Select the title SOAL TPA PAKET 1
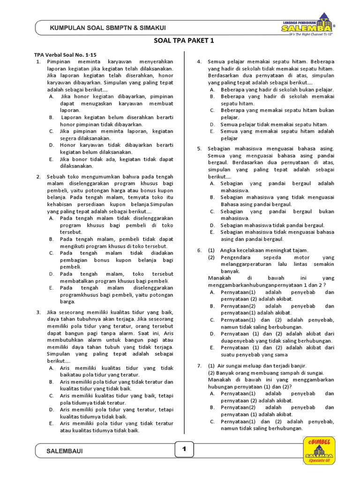pyautogui.click(x=184, y=41)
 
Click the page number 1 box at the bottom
pyautogui.click(x=184, y=449)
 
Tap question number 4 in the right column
pyautogui.click(x=199, y=62)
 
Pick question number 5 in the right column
pyautogui.click(x=199, y=149)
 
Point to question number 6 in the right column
pyautogui.click(x=199, y=250)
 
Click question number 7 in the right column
pyautogui.click(x=199, y=366)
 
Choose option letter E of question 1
pyautogui.click(x=51, y=159)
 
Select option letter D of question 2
pyautogui.click(x=51, y=274)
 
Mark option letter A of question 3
pyautogui.click(x=51, y=368)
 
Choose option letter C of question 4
pyautogui.click(x=212, y=110)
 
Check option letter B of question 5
pyautogui.click(x=212, y=197)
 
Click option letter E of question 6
pyautogui.click(x=212, y=348)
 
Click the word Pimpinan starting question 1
pyautogui.click(x=59, y=62)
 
